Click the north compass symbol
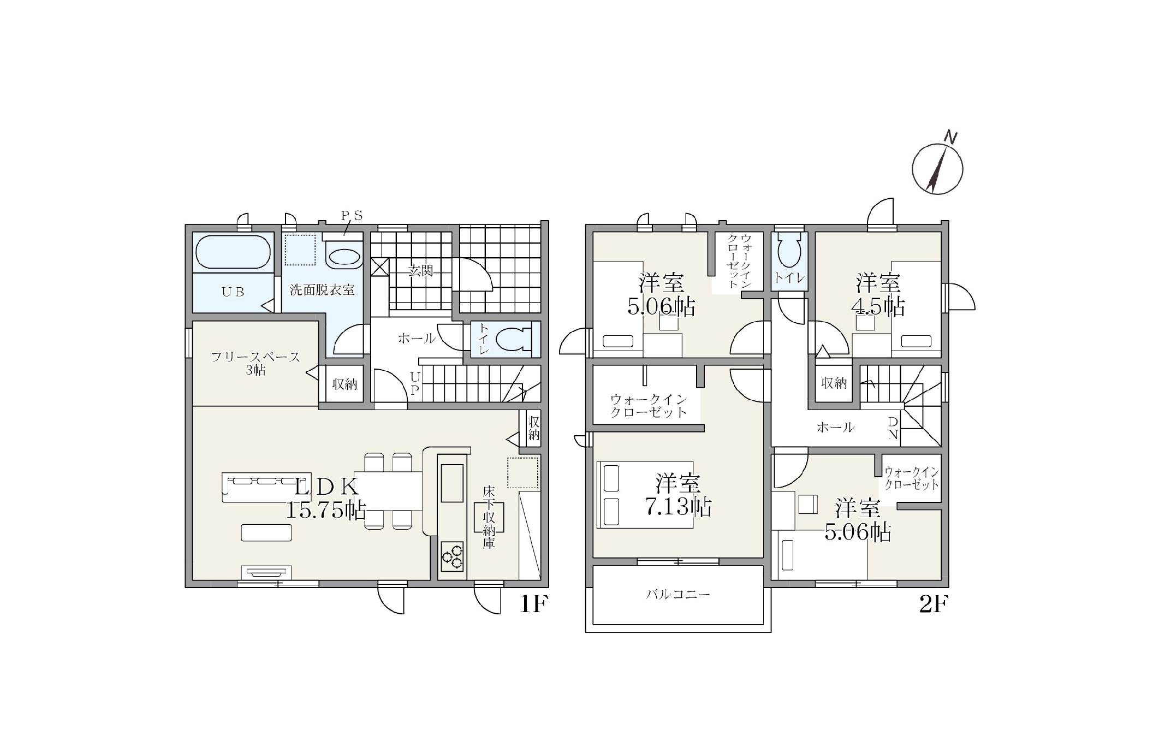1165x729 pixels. (937, 168)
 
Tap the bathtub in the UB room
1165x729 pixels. (233, 252)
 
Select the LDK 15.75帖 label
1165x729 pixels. (326, 497)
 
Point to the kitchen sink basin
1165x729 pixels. (452, 483)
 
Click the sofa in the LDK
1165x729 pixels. (259, 487)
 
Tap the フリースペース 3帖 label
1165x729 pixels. (255, 363)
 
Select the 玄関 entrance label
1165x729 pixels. (421, 270)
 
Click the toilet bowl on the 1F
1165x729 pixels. (514, 339)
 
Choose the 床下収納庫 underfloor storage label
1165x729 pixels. (489, 517)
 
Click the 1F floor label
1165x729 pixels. (532, 604)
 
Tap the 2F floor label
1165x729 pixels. (934, 604)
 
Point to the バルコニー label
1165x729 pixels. (679, 594)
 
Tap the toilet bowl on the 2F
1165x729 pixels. (789, 251)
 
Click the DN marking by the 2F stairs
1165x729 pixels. (893, 428)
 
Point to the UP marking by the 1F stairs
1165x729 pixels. (415, 383)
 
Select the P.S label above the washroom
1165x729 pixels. (352, 216)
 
